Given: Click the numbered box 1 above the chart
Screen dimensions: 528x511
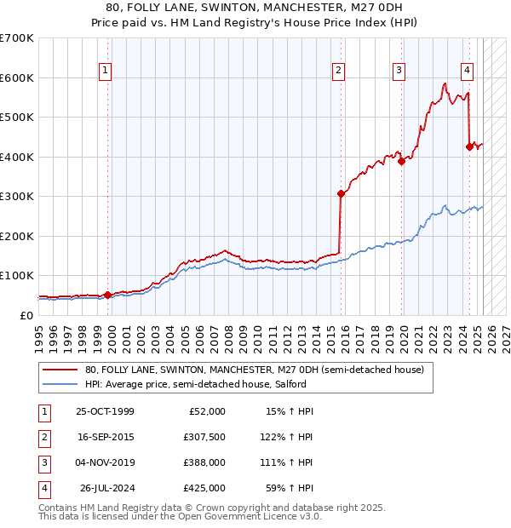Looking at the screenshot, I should (105, 71).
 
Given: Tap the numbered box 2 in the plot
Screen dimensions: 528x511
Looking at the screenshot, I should (339, 71).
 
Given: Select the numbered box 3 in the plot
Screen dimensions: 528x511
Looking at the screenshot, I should (399, 71).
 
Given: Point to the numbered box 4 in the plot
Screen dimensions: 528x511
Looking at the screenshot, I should (468, 71).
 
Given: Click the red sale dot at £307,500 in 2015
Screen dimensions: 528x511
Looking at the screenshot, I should (341, 193).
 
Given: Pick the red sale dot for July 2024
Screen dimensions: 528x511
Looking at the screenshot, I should (469, 146).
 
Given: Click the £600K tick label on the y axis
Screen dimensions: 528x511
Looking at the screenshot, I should (16, 77).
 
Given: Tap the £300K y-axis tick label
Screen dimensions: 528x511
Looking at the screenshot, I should (16, 196).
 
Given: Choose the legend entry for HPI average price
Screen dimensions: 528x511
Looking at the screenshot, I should (188, 384).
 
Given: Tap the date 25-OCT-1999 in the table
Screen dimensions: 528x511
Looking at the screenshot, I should (106, 411).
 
